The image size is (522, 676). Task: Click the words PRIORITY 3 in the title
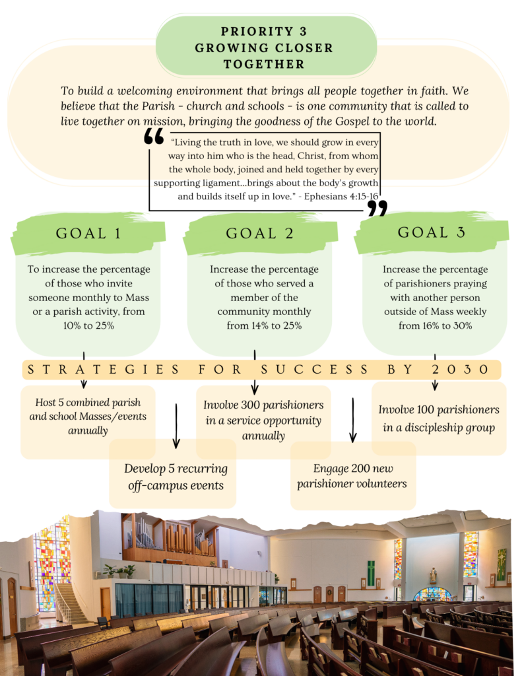pos(264,32)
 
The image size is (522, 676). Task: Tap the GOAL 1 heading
pos(88,233)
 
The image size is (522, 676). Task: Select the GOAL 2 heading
pos(259,233)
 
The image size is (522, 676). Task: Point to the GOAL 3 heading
pos(431,232)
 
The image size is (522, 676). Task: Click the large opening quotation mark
pos(154,136)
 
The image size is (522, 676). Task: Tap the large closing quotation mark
pos(377,208)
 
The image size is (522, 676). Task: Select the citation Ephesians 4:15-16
pos(341,197)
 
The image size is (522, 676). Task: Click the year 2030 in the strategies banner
pos(460,370)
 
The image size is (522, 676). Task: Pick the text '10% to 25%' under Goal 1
pos(89,325)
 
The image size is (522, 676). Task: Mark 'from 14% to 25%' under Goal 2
pos(264,325)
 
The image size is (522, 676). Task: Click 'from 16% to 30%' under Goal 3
pos(436,325)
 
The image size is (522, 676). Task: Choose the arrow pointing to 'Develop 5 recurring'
pos(176,426)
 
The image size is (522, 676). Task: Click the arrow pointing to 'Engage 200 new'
pos(353,420)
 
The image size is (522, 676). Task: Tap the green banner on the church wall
pos(371,574)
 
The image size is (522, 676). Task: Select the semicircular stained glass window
pos(432,594)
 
